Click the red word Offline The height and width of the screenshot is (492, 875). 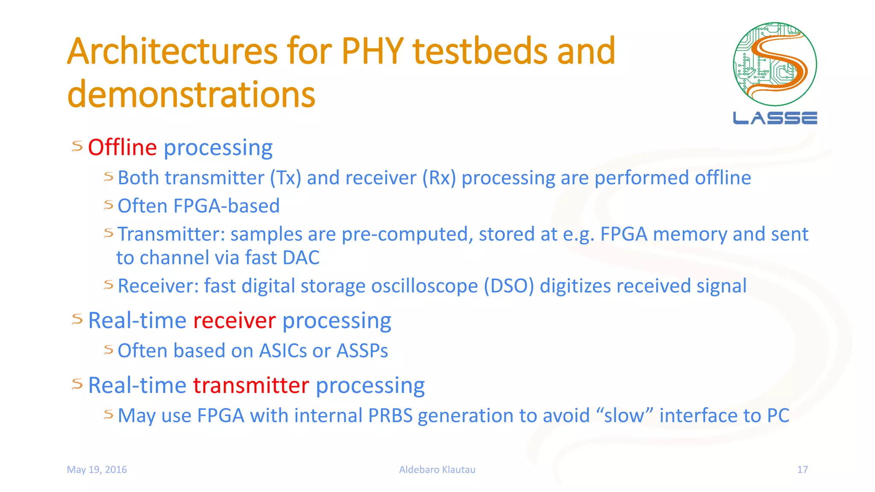(x=122, y=148)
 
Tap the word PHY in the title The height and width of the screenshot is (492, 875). (x=372, y=52)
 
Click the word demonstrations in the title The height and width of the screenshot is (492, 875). (x=191, y=94)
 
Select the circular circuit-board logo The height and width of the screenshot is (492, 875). (x=775, y=64)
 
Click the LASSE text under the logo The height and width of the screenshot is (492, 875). (x=775, y=118)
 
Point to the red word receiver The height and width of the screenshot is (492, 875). (x=234, y=321)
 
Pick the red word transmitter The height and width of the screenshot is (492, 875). (x=251, y=386)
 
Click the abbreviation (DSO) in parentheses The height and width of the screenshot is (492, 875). (x=508, y=286)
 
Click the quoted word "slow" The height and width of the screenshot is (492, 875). (x=624, y=416)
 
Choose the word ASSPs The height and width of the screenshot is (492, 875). (x=362, y=351)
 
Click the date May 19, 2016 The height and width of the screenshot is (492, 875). (x=97, y=470)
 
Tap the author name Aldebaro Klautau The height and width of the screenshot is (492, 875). (x=437, y=470)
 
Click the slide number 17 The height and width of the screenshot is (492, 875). (x=802, y=470)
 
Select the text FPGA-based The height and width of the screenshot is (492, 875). (x=226, y=206)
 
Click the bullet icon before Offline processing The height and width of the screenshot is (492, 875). (x=77, y=146)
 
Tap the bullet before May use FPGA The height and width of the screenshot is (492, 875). (x=109, y=414)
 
